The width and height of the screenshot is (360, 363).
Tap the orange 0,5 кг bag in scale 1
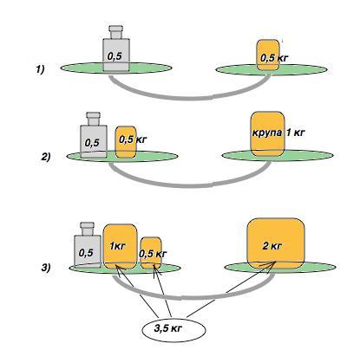(x=268, y=55)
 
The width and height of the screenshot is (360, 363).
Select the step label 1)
(x=40, y=69)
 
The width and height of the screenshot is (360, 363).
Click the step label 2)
(x=46, y=158)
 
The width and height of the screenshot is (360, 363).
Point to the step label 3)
(x=46, y=268)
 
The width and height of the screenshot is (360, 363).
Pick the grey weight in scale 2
(x=94, y=135)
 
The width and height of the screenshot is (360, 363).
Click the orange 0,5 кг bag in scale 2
(x=126, y=142)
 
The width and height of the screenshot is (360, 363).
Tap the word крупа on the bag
(x=267, y=133)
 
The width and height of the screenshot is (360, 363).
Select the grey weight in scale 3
(x=88, y=245)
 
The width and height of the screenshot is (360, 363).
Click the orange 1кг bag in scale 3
(x=120, y=246)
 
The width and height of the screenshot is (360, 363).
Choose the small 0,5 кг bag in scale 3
(x=151, y=253)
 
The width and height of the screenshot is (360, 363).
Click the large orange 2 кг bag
(x=276, y=243)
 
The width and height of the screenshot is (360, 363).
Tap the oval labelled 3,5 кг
(x=174, y=329)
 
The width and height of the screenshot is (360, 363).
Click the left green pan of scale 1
(x=116, y=68)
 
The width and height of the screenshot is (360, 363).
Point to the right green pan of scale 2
(x=278, y=155)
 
